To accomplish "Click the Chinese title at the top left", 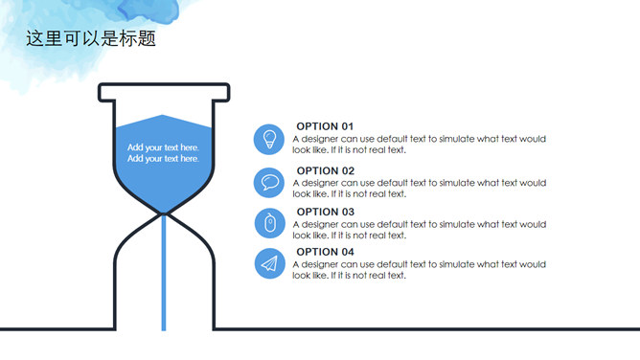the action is pos(91,38).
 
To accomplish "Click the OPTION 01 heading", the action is pos(325,126).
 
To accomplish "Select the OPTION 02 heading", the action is pos(326,170).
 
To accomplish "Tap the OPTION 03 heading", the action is pos(326,212).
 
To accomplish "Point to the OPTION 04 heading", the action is pos(325,252).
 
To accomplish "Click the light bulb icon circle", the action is pos(269,140).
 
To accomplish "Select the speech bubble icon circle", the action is pos(269,183).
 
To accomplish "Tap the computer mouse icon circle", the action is pos(270,223).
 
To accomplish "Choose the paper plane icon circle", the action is pos(270,263).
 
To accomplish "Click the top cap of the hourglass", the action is pos(164,92).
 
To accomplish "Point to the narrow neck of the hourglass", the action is pos(164,214).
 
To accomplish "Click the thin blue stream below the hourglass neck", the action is pos(164,272).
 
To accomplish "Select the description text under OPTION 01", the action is pos(420,145).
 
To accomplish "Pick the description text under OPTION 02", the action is pos(420,189).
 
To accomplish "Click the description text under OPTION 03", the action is pos(420,230).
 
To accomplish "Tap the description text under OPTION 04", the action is pos(420,270).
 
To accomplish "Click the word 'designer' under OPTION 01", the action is pos(320,140).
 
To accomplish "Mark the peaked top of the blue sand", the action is pos(163,116).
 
